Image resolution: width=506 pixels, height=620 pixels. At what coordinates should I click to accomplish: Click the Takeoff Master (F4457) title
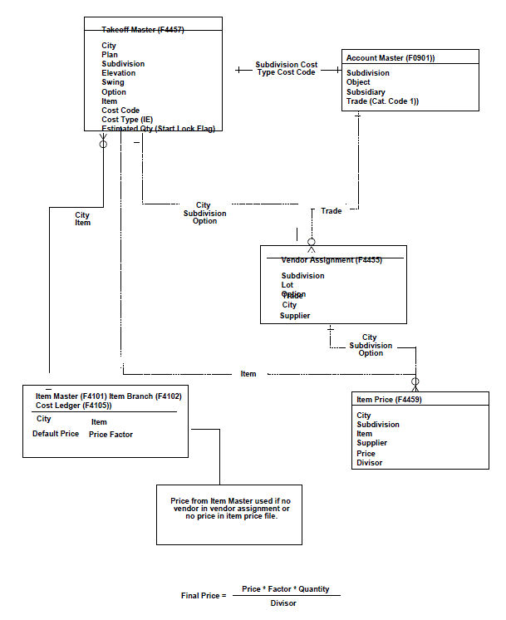pyautogui.click(x=143, y=30)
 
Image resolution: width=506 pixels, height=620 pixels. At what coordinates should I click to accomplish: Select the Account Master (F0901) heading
pyautogui.click(x=391, y=58)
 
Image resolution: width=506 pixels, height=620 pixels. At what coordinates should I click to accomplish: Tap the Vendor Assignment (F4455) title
pyautogui.click(x=331, y=260)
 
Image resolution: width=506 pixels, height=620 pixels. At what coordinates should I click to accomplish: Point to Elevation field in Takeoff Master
pyautogui.click(x=119, y=73)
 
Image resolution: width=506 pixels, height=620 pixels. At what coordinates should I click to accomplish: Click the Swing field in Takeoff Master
pyautogui.click(x=113, y=82)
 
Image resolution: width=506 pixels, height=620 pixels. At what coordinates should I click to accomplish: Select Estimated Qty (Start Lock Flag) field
pyautogui.click(x=158, y=129)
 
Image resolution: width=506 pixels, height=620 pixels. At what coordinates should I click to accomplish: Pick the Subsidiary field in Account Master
pyautogui.click(x=366, y=92)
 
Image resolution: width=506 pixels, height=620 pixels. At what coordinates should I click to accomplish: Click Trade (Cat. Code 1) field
pyautogui.click(x=382, y=101)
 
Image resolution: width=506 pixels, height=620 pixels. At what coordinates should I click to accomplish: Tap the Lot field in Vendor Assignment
pyautogui.click(x=287, y=285)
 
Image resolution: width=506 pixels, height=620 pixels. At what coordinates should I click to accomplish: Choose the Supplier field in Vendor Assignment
pyautogui.click(x=295, y=316)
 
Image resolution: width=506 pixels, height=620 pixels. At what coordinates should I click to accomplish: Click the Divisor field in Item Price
pyautogui.click(x=370, y=463)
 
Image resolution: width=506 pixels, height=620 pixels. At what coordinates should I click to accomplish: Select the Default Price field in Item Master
pyautogui.click(x=56, y=434)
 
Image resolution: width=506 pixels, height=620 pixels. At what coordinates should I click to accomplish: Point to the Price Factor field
pyautogui.click(x=111, y=434)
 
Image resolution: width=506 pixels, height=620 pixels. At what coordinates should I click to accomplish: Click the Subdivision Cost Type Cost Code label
pyautogui.click(x=286, y=68)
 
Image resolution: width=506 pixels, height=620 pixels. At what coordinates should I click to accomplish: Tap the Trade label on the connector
pyautogui.click(x=331, y=211)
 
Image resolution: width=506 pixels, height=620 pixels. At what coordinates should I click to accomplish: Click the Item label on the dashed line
pyautogui.click(x=248, y=374)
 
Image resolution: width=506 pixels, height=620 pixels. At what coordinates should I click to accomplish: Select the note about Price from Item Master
pyautogui.click(x=230, y=509)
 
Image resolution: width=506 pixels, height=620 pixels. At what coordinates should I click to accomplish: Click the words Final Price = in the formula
pyautogui.click(x=204, y=596)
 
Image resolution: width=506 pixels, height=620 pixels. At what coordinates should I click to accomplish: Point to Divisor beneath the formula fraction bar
pyautogui.click(x=283, y=603)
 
